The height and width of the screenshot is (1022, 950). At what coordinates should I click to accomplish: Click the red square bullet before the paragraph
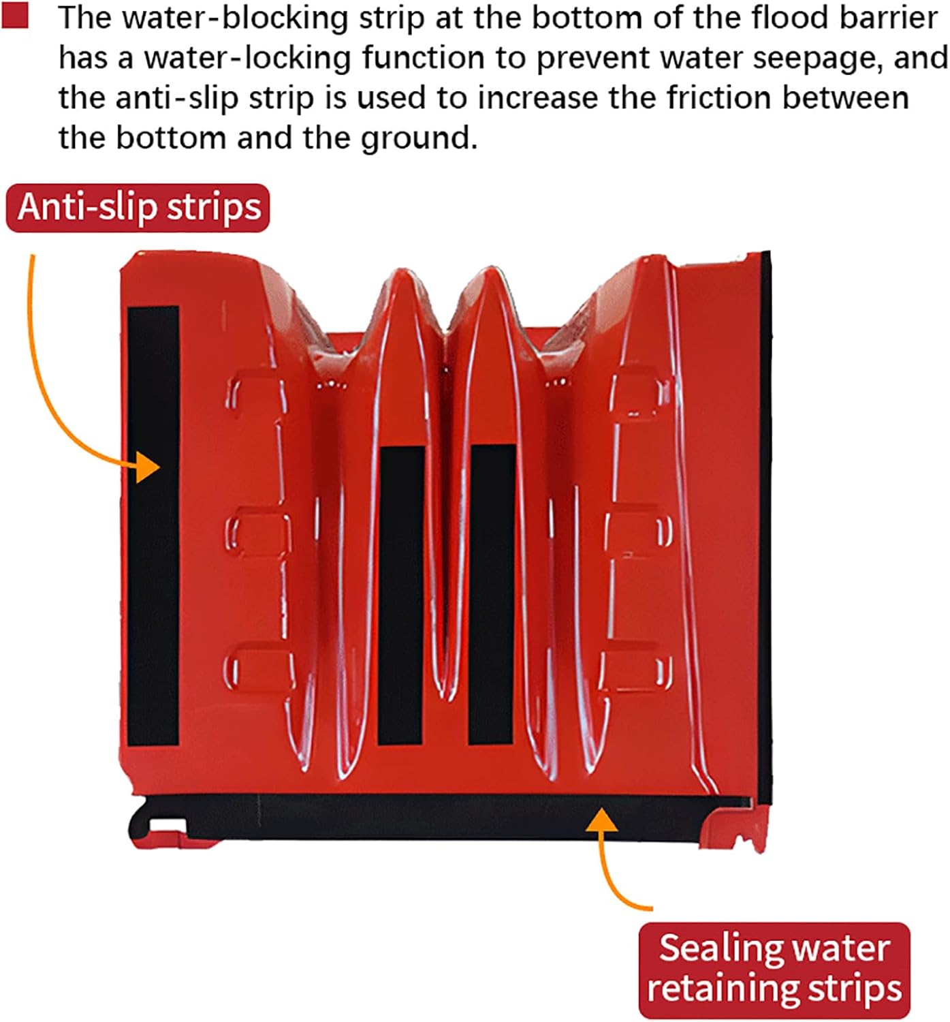click(14, 16)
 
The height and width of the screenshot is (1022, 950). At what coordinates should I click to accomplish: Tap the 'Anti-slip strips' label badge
click(138, 207)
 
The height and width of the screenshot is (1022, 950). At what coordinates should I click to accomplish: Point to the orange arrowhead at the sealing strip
click(600, 820)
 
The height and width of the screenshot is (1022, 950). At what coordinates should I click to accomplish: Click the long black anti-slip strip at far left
click(153, 525)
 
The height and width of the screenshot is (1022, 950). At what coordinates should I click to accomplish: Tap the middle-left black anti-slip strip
click(402, 594)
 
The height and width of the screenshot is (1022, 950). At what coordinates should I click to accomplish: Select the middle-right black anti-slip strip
click(492, 594)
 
